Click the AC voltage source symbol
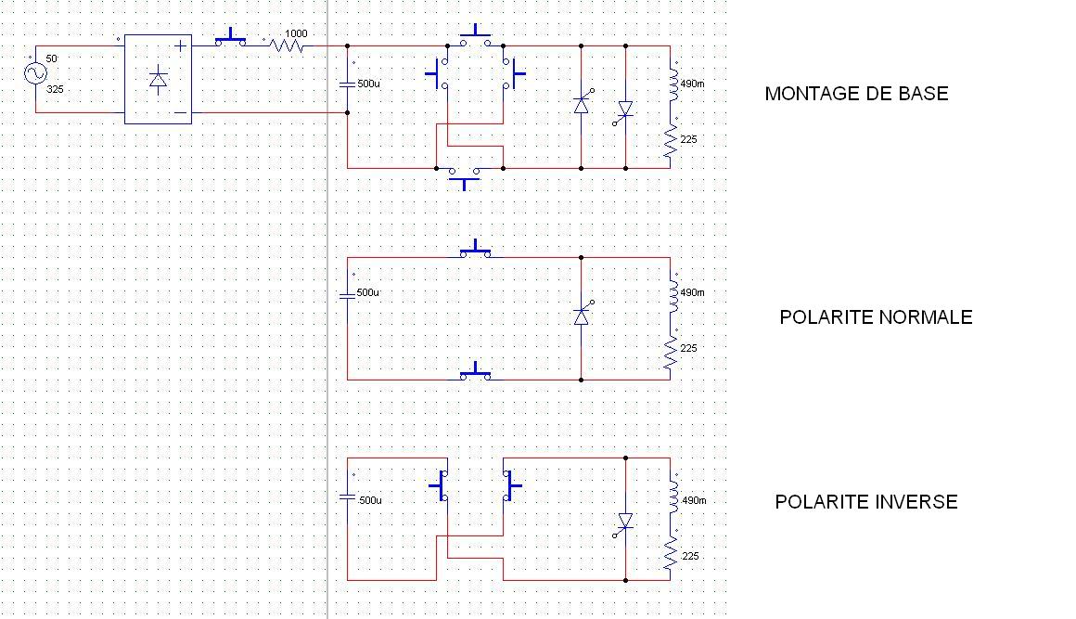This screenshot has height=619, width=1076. click(x=35, y=73)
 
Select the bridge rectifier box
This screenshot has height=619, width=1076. click(x=158, y=79)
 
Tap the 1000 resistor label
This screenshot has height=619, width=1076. click(x=296, y=33)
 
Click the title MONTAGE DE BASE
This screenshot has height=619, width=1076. click(x=856, y=94)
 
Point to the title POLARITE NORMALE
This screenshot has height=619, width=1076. click(x=876, y=317)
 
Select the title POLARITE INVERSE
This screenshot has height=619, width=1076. click(x=866, y=502)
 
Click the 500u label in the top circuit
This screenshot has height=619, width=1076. click(x=368, y=84)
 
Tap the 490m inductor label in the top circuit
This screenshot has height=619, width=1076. click(x=692, y=84)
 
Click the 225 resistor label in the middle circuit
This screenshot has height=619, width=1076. click(x=689, y=348)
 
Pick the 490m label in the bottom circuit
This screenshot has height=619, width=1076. click(x=693, y=500)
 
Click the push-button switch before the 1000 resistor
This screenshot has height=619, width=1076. click(x=230, y=38)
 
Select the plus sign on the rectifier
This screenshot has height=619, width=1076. click(x=180, y=45)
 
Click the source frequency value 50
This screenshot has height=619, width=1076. click(x=51, y=59)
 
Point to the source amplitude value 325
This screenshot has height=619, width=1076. click(x=55, y=90)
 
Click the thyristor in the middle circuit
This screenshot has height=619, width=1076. click(x=583, y=316)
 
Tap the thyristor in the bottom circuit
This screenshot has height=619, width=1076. click(x=624, y=522)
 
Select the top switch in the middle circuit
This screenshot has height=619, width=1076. click(x=476, y=250)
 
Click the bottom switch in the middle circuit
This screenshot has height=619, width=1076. click(x=476, y=372)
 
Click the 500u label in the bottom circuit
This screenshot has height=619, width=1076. click(x=369, y=500)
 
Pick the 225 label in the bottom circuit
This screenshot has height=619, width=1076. click(x=689, y=556)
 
